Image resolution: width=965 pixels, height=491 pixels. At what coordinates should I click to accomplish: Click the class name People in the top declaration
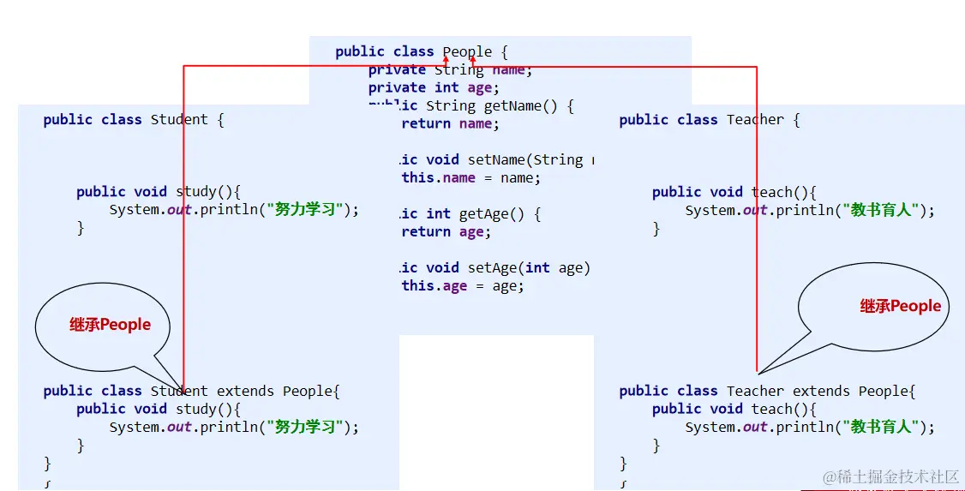[467, 52]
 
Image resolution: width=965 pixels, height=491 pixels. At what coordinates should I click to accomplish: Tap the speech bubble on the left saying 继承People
[103, 326]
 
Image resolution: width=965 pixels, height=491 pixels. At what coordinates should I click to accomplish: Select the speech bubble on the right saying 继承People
[874, 307]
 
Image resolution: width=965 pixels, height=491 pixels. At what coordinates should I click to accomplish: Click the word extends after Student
[245, 392]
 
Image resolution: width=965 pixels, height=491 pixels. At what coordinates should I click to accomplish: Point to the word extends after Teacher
[821, 392]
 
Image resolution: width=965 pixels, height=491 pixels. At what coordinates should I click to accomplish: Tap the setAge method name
[492, 268]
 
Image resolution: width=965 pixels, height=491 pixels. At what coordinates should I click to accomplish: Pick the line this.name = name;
[471, 178]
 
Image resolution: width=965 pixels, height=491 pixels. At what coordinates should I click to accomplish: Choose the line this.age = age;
[463, 286]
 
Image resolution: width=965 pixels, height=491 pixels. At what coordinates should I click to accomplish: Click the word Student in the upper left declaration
[179, 120]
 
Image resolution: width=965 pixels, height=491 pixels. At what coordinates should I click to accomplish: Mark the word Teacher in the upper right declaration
[755, 120]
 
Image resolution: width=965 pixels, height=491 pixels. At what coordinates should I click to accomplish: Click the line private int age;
[434, 88]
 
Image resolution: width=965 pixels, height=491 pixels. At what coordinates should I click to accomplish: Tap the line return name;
[450, 124]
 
